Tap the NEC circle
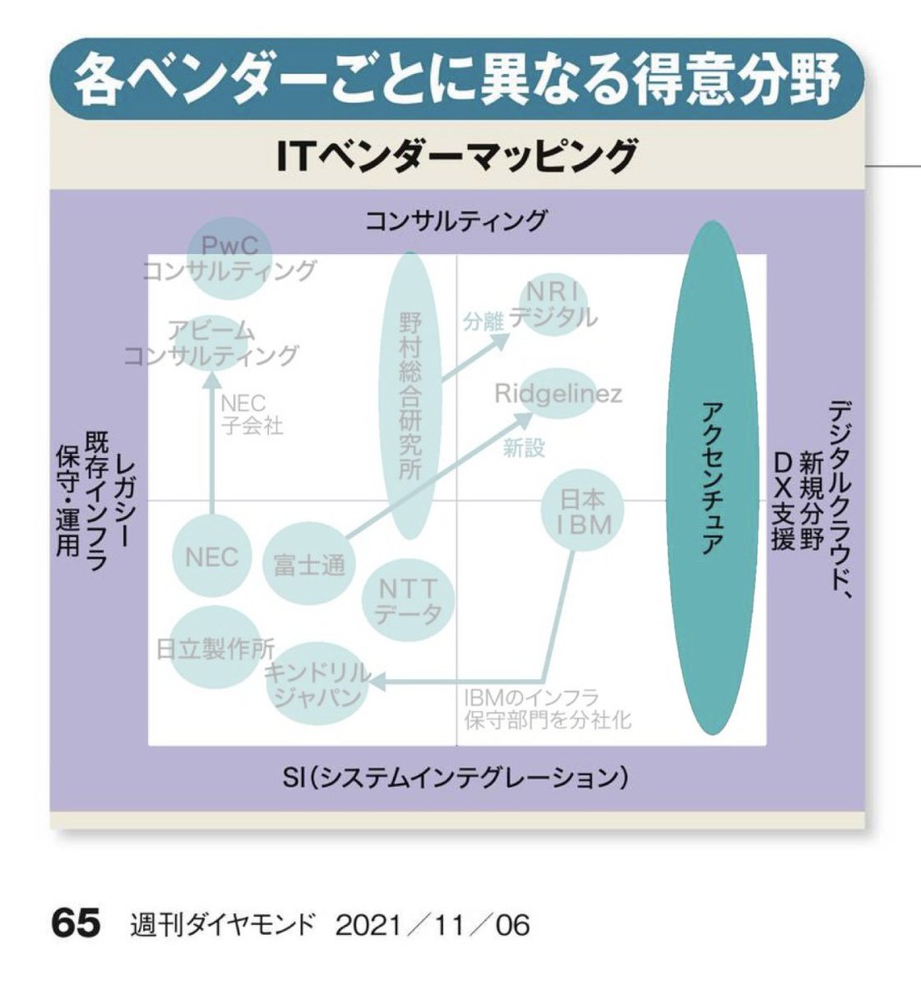coord(212,557)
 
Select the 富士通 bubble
coord(309,565)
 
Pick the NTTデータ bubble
coord(408,602)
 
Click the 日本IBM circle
coord(584,511)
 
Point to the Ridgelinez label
coord(558,393)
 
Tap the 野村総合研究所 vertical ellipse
coord(411,395)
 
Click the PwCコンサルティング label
coord(230,258)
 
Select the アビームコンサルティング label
coord(211,342)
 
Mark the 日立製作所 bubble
coord(215,649)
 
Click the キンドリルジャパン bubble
coord(317,685)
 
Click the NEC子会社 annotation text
coord(250,415)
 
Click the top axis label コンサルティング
coord(456,221)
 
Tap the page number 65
coord(76,924)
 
